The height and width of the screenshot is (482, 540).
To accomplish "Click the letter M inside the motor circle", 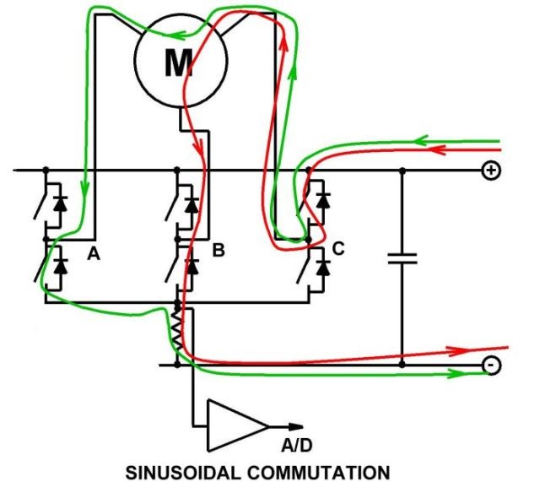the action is coord(179,63).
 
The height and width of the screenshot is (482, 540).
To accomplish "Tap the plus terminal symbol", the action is coord(491,171).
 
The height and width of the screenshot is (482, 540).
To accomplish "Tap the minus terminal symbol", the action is coord(491,365).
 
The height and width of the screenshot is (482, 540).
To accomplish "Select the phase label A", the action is coord(94,254).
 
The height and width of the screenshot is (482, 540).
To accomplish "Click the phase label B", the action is coord(219,250).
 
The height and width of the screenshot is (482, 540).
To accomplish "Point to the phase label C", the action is coord(338,248).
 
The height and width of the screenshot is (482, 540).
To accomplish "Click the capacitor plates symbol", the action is coord(402,259).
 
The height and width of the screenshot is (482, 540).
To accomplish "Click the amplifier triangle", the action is coord(238,425).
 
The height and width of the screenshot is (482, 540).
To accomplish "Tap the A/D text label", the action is coord(297,446).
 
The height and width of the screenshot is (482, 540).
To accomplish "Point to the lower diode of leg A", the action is coord(61,265).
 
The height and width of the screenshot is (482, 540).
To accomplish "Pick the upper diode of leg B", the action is coord(192,204).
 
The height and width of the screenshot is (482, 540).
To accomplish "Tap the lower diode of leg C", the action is coord(323,268).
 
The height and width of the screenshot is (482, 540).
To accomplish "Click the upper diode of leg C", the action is coord(323,200).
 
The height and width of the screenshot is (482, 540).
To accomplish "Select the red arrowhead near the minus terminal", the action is coord(457,350).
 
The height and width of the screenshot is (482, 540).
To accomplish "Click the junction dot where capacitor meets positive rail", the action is coord(402,171).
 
